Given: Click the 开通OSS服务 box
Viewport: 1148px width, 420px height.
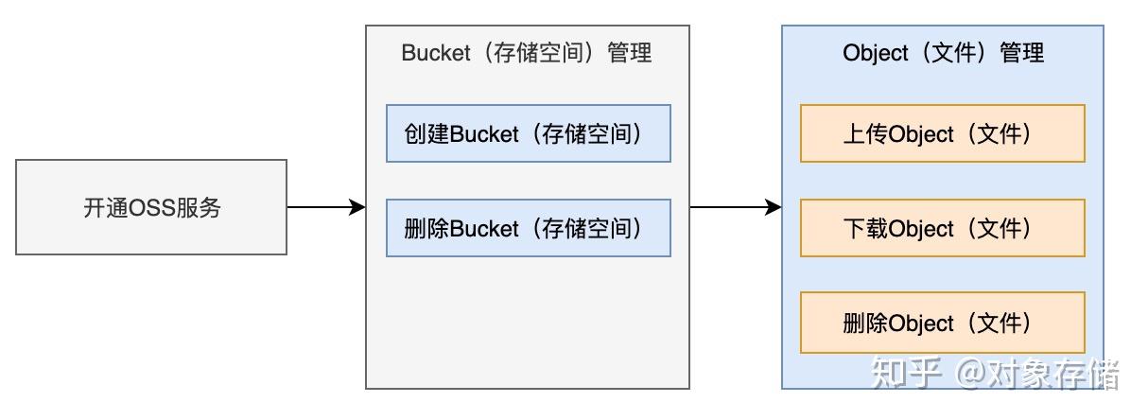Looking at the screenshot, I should [151, 207].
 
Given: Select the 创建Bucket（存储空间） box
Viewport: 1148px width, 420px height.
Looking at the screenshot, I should [528, 133].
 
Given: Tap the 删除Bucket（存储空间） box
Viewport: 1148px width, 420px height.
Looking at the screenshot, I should [528, 228].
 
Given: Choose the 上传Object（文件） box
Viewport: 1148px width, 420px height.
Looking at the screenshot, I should [942, 133].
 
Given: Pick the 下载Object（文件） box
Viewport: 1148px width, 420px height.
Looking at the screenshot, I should [942, 228].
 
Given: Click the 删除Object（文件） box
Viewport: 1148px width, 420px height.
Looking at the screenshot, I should [942, 323].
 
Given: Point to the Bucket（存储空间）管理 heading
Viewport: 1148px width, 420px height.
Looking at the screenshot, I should [527, 53].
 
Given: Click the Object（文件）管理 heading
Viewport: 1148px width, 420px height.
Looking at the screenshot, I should [943, 53].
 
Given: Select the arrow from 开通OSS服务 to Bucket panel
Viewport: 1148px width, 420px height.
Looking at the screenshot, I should [326, 207].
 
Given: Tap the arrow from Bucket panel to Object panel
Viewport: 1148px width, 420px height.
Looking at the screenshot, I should [736, 207].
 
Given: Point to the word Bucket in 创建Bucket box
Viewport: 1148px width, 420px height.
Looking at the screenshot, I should [485, 134].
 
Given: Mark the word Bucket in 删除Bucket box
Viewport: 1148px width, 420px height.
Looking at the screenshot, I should [485, 229].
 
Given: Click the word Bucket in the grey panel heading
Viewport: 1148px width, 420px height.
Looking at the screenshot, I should [436, 53].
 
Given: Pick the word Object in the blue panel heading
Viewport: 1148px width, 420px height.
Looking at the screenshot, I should [875, 53].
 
